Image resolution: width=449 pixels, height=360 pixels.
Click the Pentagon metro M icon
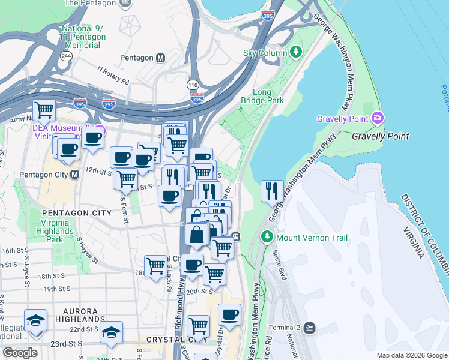tap(160, 58)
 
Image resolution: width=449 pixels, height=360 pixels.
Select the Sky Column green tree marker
tap(296, 52)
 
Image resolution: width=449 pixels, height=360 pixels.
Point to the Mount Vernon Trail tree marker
tap(268, 238)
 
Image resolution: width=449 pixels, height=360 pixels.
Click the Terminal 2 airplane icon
tap(309, 328)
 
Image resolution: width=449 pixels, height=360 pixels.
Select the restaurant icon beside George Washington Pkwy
tap(272, 191)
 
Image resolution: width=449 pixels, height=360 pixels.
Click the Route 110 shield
tap(193, 85)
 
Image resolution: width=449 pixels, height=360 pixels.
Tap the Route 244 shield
tap(65, 56)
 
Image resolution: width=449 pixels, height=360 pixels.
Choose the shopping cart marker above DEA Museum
tap(44, 110)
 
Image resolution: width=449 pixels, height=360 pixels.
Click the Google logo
tap(20, 353)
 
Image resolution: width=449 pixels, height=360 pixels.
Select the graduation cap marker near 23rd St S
tap(111, 331)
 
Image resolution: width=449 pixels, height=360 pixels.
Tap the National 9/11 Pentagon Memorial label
tap(83, 37)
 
